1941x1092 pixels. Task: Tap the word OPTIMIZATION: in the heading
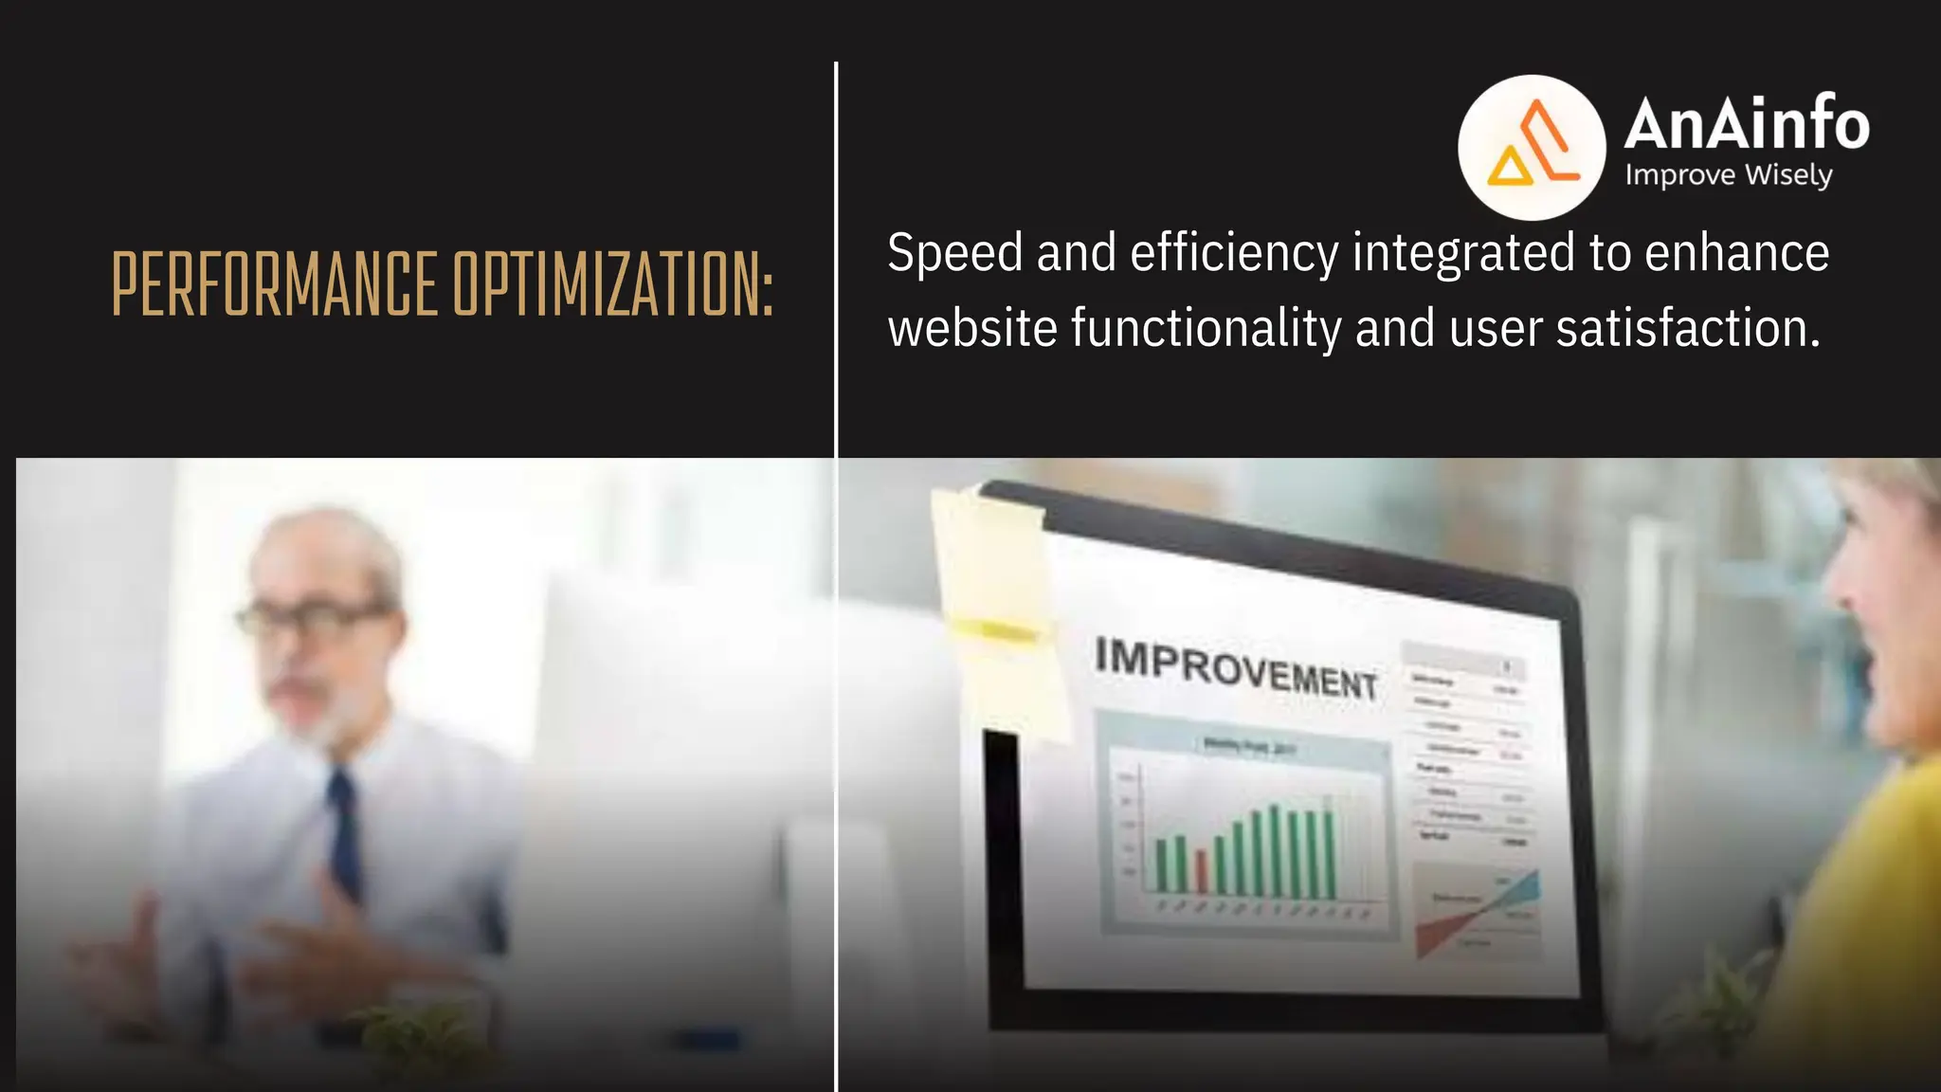coord(612,284)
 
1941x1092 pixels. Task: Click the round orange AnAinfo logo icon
coord(1531,147)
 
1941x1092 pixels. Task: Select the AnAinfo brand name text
coord(1746,124)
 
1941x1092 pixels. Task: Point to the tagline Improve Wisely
coord(1728,176)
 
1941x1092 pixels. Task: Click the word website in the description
coord(972,329)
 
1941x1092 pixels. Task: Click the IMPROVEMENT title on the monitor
coord(1235,668)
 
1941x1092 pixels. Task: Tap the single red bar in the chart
coord(1201,871)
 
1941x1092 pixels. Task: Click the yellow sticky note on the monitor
coord(995,607)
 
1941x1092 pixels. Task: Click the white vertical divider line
coord(836,569)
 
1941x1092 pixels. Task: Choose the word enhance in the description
coord(1736,254)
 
